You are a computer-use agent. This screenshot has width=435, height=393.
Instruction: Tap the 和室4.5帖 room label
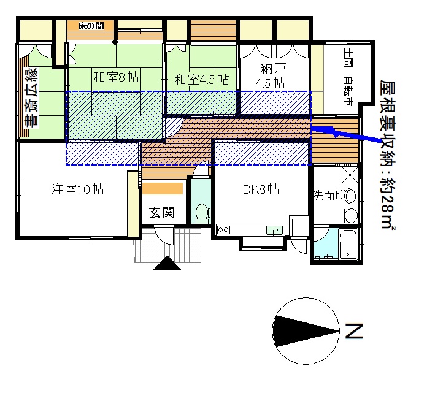pos(201,79)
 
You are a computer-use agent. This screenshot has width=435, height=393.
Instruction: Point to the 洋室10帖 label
pos(77,189)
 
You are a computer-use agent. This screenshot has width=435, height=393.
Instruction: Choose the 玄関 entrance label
pos(163,213)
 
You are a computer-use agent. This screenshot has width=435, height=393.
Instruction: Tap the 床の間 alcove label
pos(91,26)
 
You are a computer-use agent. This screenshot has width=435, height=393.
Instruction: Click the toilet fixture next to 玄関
pos(200,211)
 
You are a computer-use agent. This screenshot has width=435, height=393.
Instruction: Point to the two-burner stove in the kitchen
pos(222,230)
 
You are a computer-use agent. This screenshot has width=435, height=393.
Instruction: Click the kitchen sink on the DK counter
pos(274,230)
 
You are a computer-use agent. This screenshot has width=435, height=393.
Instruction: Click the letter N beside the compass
pos(354,332)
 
